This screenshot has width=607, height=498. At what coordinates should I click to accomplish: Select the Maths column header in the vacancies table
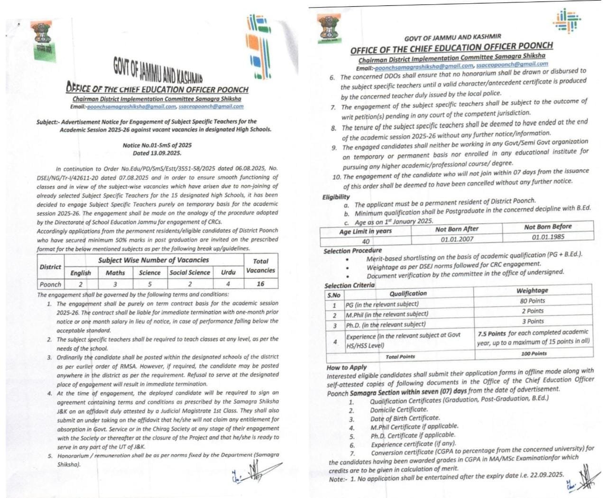click(115, 273)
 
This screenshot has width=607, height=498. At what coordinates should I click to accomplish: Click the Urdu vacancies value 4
click(228, 284)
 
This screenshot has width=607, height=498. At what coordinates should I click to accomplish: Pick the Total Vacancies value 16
click(260, 284)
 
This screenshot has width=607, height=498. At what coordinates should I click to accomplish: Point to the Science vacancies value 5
click(149, 284)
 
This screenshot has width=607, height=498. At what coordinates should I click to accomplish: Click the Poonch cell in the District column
click(50, 285)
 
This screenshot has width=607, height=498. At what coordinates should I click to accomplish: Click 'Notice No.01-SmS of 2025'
click(157, 145)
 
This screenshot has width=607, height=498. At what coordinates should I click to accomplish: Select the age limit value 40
click(365, 241)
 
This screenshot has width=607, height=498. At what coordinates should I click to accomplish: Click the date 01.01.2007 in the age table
click(457, 239)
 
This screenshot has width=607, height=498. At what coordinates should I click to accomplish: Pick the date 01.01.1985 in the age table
click(548, 237)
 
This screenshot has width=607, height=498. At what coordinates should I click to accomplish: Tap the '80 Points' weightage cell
click(533, 301)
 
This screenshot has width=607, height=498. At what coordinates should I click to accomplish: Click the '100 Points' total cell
click(533, 353)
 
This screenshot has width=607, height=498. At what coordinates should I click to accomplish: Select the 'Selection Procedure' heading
click(352, 250)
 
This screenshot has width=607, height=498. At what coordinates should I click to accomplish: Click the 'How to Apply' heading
click(347, 367)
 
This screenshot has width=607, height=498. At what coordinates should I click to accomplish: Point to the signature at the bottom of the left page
click(250, 473)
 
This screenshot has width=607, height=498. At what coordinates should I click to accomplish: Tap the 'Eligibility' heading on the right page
click(336, 197)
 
